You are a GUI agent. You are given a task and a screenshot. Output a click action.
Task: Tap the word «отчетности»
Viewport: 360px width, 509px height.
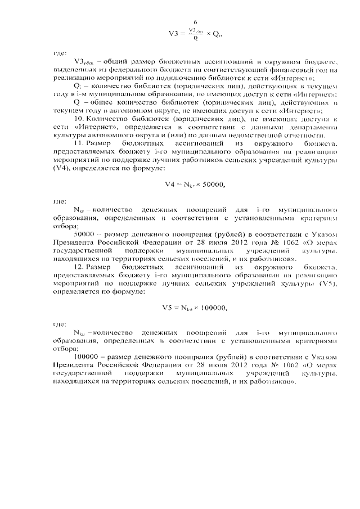pyautogui.click(x=303, y=136)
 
